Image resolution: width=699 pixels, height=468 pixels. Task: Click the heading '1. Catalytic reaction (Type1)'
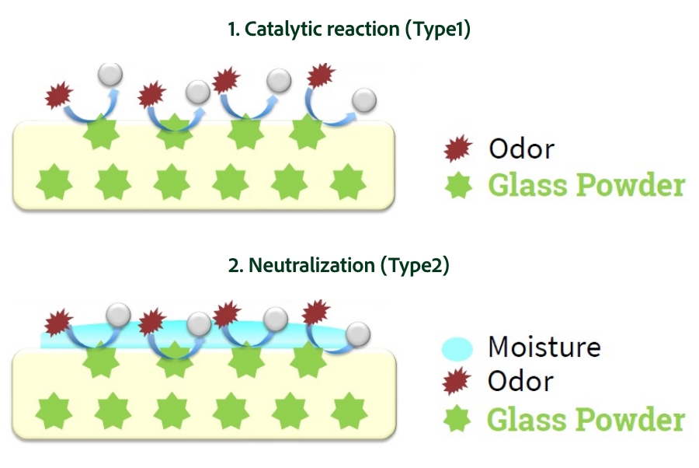tap(349, 30)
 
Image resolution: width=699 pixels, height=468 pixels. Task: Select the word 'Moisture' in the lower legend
tap(544, 347)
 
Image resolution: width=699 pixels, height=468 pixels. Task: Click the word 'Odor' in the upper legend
tap(521, 148)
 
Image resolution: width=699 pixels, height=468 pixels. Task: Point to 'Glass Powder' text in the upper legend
tap(586, 186)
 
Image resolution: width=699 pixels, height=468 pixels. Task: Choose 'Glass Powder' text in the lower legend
tap(586, 419)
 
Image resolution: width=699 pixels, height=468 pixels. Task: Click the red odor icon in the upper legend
tap(458, 148)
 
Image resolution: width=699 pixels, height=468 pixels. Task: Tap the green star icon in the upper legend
tap(458, 186)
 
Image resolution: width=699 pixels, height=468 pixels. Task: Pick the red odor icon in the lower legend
tap(458, 382)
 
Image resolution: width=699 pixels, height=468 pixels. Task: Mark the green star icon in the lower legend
tap(458, 419)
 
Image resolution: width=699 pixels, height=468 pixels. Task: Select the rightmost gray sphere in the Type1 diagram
tap(364, 100)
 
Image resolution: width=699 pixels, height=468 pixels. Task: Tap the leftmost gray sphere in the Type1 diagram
tap(110, 75)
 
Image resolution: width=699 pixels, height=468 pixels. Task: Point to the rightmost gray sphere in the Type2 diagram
tap(358, 334)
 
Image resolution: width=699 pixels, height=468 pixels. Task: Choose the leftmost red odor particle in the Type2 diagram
tap(59, 322)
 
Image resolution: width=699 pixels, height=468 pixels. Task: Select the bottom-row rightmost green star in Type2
tap(349, 410)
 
